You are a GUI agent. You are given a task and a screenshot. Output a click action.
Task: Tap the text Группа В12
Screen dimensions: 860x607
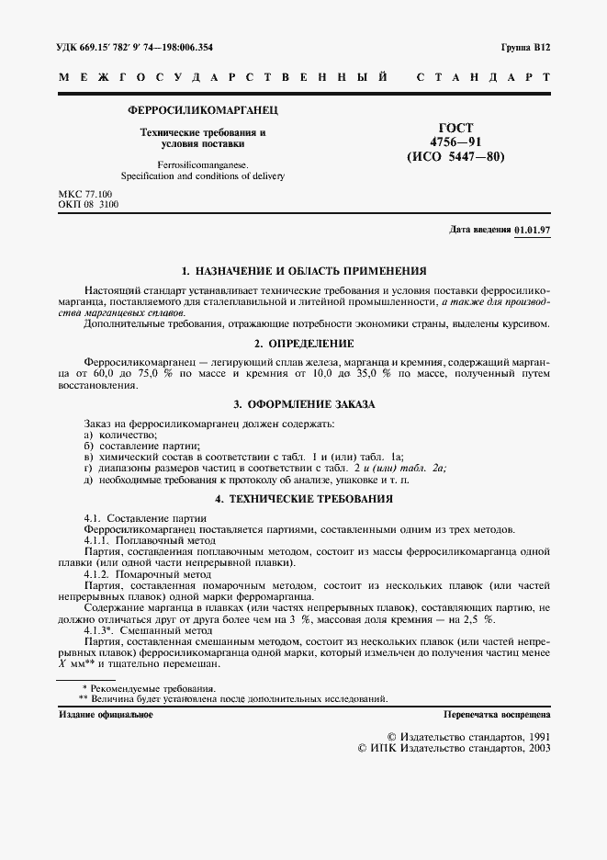[x=524, y=46]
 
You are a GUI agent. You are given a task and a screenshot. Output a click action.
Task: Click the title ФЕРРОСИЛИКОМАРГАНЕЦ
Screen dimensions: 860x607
[x=203, y=110]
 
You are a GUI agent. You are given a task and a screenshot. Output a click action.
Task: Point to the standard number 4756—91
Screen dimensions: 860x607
[x=455, y=141]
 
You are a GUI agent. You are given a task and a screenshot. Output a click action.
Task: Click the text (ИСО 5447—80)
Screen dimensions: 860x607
[x=455, y=156]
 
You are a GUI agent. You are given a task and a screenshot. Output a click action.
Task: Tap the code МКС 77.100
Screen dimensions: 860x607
[x=84, y=195]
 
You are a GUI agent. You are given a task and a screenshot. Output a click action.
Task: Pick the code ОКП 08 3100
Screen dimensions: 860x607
[x=86, y=206]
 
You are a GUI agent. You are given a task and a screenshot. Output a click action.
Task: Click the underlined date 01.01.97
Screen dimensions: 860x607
[x=532, y=230]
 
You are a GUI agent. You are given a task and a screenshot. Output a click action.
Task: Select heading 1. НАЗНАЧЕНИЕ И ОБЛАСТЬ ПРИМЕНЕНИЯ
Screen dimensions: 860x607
[x=304, y=271]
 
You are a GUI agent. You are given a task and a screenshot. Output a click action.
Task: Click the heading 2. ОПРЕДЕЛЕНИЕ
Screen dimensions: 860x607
[x=304, y=344]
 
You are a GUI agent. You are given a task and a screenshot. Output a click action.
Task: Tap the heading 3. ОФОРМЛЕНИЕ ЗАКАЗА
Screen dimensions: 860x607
[x=304, y=404]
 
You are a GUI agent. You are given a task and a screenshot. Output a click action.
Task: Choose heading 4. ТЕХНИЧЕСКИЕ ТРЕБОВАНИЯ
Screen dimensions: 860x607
[x=304, y=499]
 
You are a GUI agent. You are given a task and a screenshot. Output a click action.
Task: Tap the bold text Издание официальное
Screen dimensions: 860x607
[x=106, y=713]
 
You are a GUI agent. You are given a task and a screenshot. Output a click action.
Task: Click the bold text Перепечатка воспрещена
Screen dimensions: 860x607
[x=496, y=713]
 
